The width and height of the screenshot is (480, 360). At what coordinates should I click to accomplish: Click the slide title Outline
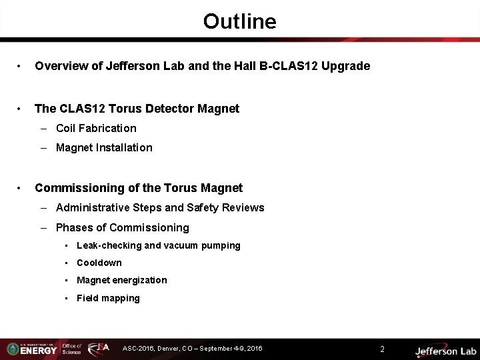tap(239, 22)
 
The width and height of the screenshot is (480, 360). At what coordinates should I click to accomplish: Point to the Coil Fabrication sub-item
tap(96, 128)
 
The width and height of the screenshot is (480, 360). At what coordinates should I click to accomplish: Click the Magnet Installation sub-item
tap(104, 147)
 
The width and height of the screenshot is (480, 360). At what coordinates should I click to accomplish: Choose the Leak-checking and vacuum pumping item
tap(158, 245)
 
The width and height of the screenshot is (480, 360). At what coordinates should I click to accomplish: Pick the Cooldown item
tap(99, 263)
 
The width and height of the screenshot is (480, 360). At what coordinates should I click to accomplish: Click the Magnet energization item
tap(122, 280)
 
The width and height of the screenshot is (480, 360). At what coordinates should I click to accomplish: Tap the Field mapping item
tap(108, 298)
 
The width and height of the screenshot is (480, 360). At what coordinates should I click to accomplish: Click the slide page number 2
tap(383, 349)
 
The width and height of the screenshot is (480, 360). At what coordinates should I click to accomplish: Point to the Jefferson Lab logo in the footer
tap(445, 350)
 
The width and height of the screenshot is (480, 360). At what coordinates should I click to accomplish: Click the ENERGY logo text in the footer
tap(39, 350)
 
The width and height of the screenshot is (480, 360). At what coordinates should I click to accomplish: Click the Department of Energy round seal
tap(11, 349)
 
